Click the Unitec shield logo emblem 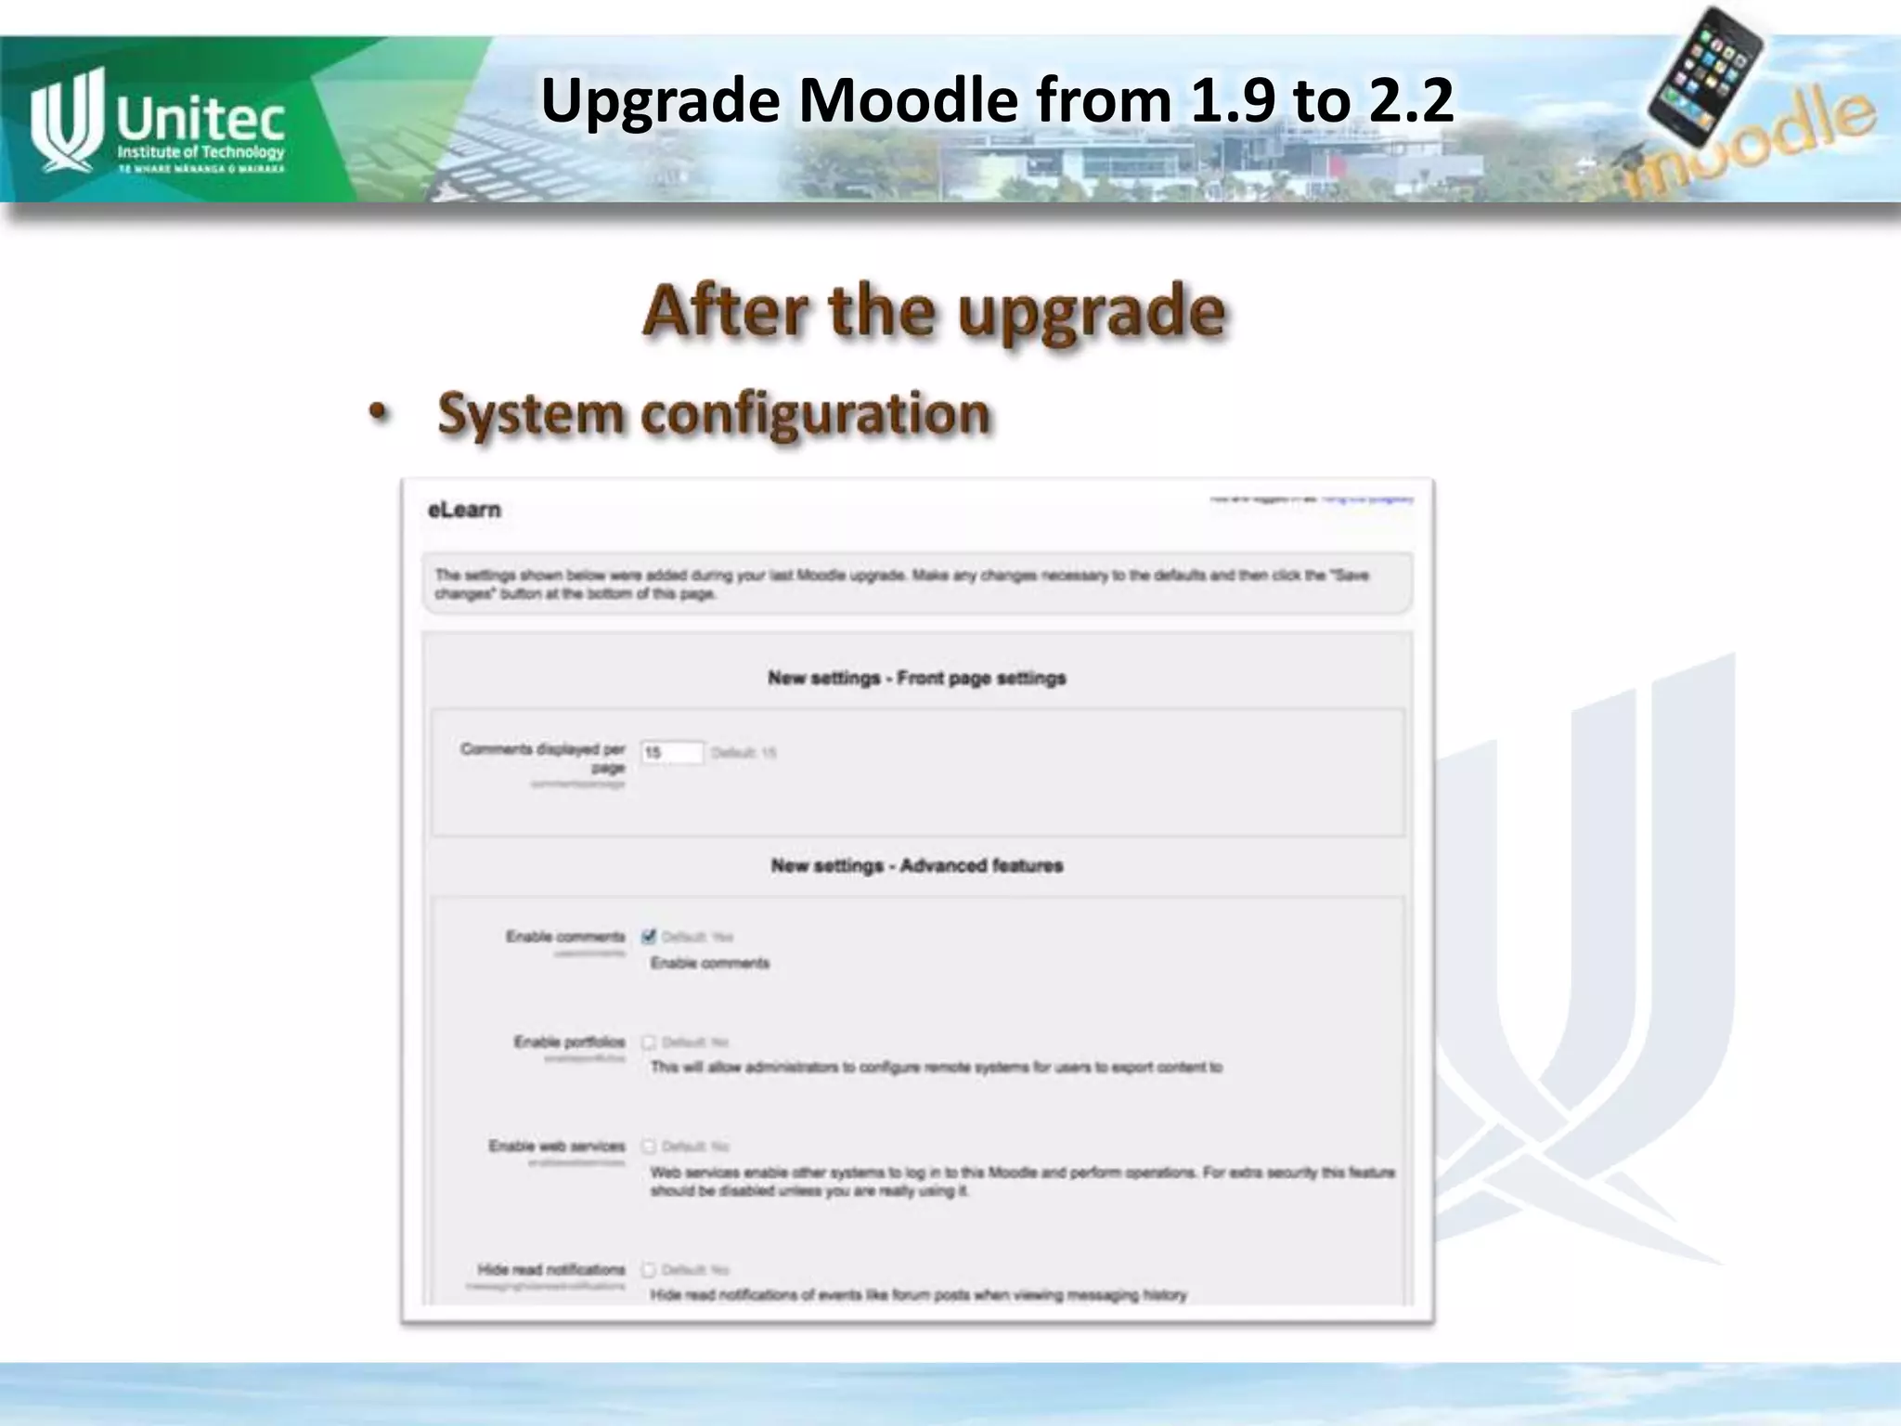63,121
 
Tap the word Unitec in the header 200,118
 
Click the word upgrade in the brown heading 1091,312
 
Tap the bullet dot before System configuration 377,414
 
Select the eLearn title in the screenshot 464,510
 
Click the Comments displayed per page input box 672,752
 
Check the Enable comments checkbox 649,936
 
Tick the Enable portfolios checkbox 649,1042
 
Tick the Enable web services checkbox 649,1147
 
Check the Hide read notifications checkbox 649,1269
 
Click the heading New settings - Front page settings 916,679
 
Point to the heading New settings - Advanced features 916,866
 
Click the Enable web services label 557,1147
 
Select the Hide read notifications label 551,1269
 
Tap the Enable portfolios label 569,1042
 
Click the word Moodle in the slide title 908,100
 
